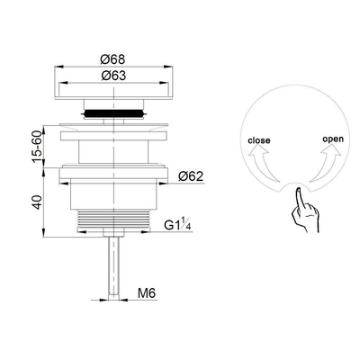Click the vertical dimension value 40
tap(35, 202)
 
